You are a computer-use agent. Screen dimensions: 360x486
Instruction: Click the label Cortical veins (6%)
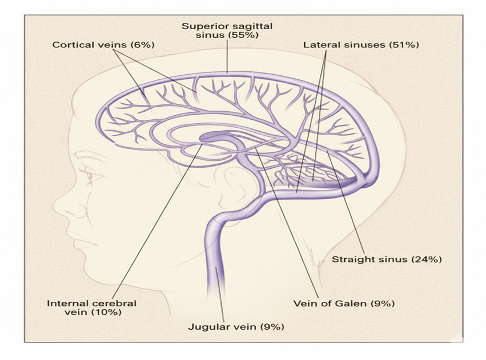[103, 45]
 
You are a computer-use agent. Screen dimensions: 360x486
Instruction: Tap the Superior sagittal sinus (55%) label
[227, 31]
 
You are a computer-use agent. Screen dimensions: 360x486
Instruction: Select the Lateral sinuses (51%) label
[361, 45]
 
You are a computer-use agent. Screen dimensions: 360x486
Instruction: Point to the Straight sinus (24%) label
[387, 259]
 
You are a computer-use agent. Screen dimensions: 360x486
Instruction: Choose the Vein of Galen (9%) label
[344, 303]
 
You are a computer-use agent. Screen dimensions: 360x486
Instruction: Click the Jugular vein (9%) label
[236, 327]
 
